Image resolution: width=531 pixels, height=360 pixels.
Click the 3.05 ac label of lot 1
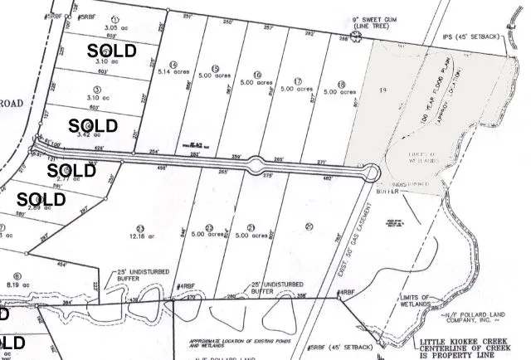(x=115, y=27)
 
